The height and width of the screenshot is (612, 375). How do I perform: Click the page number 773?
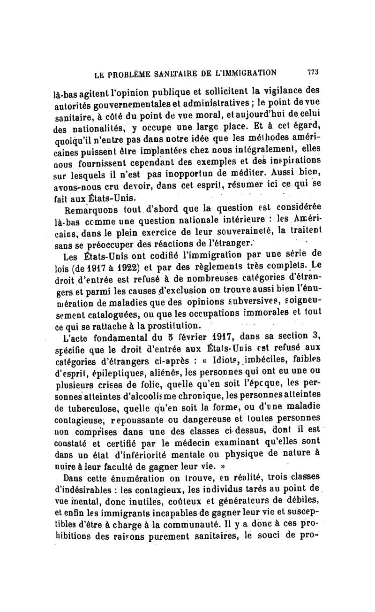tap(313, 72)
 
